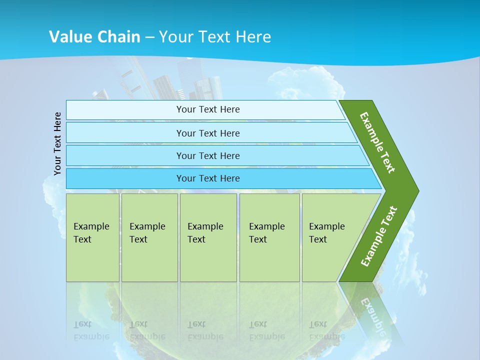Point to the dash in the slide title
pyautogui.click(x=149, y=37)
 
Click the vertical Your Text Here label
pyautogui.click(x=58, y=143)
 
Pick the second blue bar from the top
pyautogui.click(x=208, y=133)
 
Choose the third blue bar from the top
pyautogui.click(x=208, y=155)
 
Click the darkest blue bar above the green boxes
pyautogui.click(x=208, y=178)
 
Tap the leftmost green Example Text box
pyautogui.click(x=92, y=237)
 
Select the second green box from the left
pyautogui.click(x=149, y=237)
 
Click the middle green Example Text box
pyautogui.click(x=208, y=237)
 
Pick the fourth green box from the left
pyautogui.click(x=269, y=237)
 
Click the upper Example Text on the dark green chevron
pyautogui.click(x=377, y=142)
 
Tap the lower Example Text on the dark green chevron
pyautogui.click(x=379, y=236)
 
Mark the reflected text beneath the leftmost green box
pyautogui.click(x=91, y=330)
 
